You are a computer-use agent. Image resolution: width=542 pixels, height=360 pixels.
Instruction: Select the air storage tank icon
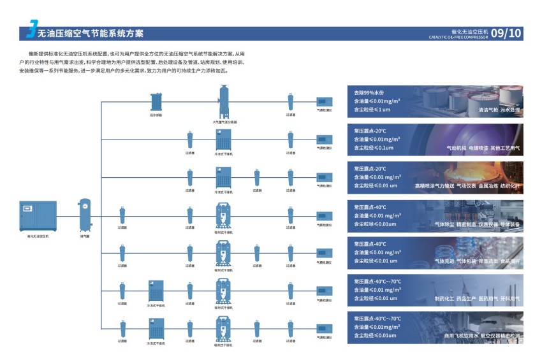[85, 215]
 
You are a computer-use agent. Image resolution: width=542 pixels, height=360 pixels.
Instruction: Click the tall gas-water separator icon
[224, 99]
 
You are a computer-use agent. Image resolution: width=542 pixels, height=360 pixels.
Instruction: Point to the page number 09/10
[507, 32]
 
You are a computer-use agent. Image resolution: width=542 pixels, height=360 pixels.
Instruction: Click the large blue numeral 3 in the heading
[31, 31]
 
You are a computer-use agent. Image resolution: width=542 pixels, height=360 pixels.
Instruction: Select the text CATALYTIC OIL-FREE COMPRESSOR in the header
[458, 37]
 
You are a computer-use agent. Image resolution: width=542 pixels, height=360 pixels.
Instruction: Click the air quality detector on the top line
[325, 101]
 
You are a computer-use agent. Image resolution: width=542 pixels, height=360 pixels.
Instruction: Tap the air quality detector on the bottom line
[325, 328]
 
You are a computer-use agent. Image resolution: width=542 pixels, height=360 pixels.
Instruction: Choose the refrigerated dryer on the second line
[224, 139]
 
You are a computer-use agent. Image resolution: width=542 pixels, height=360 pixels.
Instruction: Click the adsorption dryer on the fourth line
[224, 214]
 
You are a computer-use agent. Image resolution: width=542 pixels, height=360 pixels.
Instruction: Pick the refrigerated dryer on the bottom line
[156, 328]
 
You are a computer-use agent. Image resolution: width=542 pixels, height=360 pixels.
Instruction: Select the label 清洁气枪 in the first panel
[488, 110]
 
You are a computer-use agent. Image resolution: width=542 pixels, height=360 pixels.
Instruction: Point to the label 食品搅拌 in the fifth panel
[509, 261]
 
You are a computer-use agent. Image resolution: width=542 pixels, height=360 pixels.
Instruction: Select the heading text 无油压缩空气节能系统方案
[91, 33]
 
